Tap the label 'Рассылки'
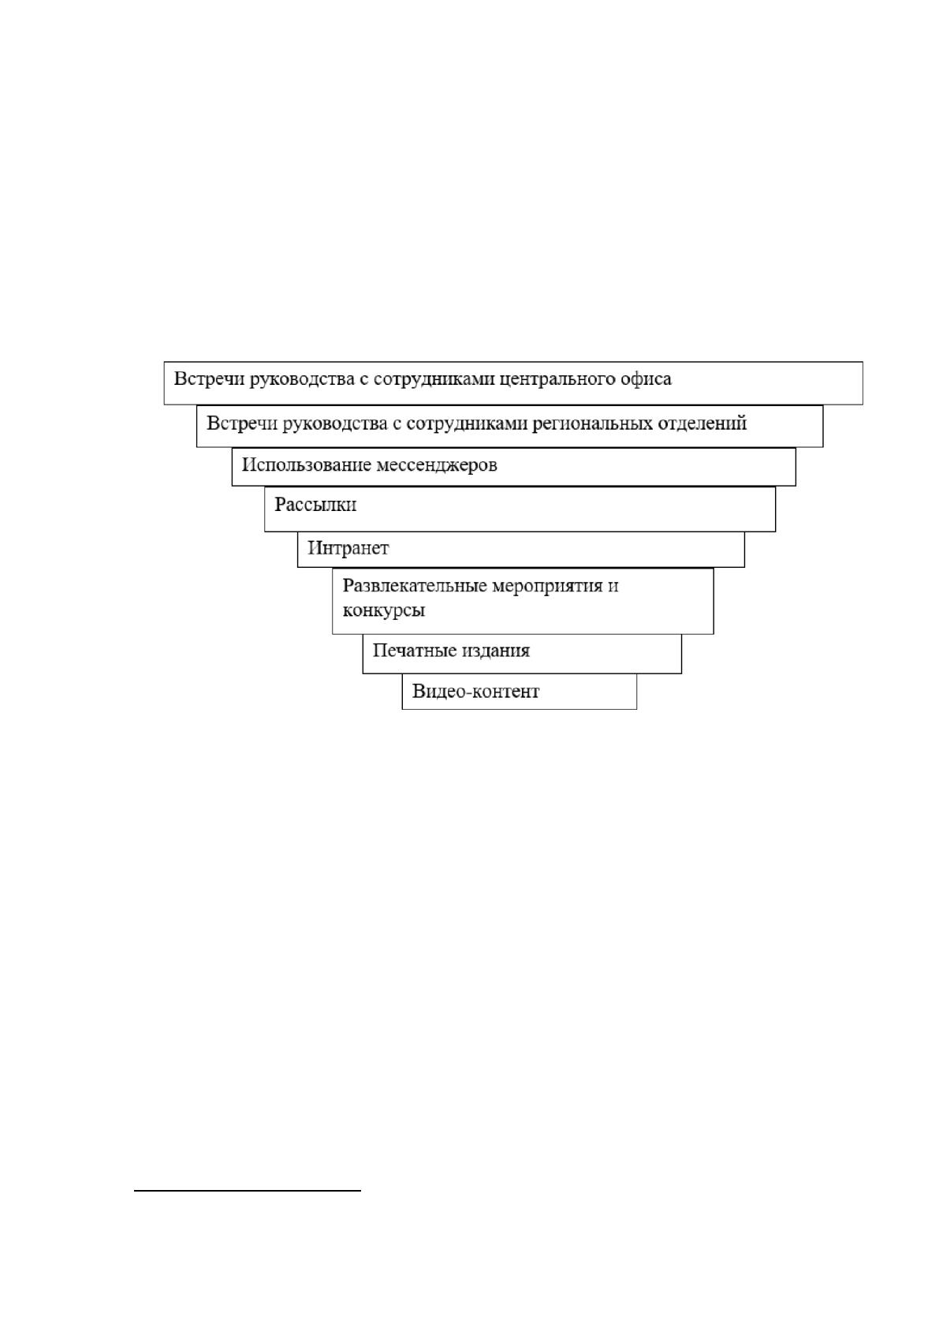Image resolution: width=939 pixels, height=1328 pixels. pyautogui.click(x=315, y=505)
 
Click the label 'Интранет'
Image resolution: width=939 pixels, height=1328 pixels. pyautogui.click(x=348, y=548)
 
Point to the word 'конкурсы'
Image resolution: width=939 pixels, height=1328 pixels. pyautogui.click(x=383, y=610)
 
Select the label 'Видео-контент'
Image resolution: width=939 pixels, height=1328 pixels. pyautogui.click(x=475, y=692)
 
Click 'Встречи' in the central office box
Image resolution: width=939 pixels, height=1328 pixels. pyautogui.click(x=209, y=379)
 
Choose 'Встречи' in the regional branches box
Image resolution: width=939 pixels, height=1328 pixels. pyautogui.click(x=242, y=424)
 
